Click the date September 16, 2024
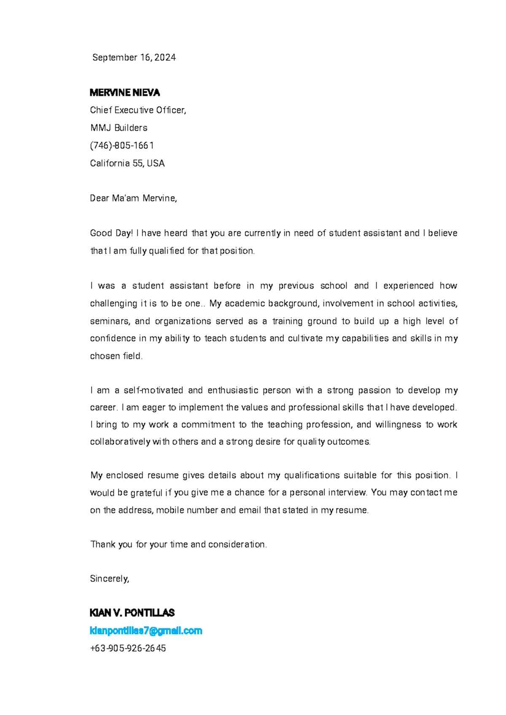tap(134, 58)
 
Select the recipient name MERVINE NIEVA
tap(125, 93)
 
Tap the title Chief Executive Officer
tap(137, 110)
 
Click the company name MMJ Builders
tap(118, 128)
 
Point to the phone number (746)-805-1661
tap(122, 146)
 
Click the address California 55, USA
tap(127, 163)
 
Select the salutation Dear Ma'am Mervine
tap(133, 198)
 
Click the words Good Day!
tap(111, 233)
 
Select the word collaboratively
tap(120, 442)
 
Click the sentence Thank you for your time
tap(178, 544)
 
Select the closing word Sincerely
tap(109, 579)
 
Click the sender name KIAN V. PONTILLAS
tap(132, 613)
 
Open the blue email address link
tap(146, 631)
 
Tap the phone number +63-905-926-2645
tap(128, 648)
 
